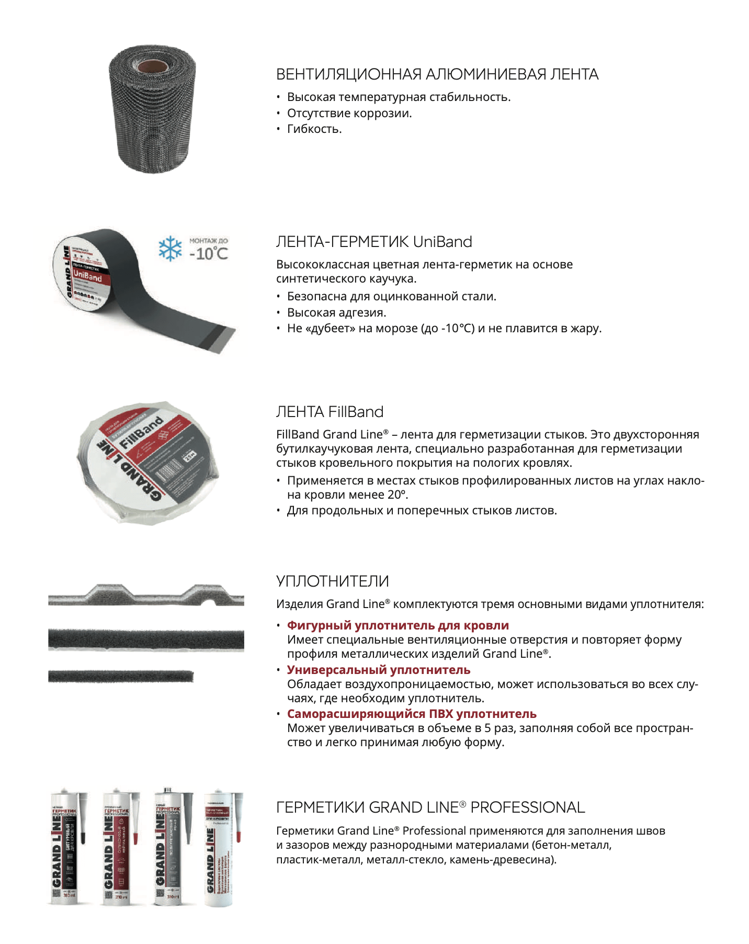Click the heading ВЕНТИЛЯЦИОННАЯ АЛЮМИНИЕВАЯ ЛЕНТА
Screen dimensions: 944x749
coord(437,74)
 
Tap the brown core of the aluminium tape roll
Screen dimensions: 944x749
coord(152,66)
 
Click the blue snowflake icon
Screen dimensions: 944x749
coord(170,249)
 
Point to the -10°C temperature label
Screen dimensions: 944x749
coord(209,254)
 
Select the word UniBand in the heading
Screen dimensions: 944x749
coord(442,242)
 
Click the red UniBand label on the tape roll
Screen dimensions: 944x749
coord(88,276)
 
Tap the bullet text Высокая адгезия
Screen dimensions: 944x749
coord(336,312)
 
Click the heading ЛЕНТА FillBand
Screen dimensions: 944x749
coord(330,412)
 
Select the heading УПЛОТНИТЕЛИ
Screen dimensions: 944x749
coord(332,581)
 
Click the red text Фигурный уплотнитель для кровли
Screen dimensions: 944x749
coord(398,625)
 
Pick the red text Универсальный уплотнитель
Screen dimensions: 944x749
coord(378,670)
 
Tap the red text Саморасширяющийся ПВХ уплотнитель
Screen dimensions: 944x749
coord(412,714)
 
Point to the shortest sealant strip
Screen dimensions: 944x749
coord(121,676)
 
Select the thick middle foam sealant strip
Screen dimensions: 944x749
coord(146,639)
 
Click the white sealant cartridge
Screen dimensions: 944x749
coord(219,848)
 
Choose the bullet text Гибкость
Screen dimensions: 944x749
coord(314,129)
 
